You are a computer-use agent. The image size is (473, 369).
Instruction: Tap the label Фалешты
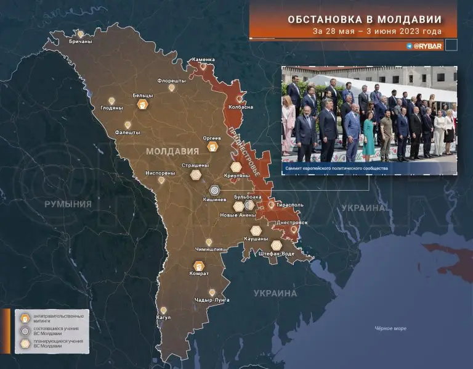[x=127, y=132]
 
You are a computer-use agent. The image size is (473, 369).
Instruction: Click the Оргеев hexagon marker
[x=212, y=147]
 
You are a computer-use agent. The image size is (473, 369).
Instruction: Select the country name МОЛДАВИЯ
[x=172, y=151]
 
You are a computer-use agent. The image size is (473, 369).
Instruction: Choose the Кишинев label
[x=215, y=200]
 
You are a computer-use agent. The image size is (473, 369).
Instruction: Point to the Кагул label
[x=164, y=317]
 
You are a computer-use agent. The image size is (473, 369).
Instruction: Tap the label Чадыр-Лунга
[x=212, y=300]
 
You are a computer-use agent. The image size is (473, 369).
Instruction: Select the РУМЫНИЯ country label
[x=68, y=204]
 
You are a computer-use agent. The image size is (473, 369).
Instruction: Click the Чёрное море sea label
[x=390, y=328]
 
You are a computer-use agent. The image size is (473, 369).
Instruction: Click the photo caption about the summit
[x=336, y=167]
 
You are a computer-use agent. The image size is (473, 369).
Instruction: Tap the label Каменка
[x=203, y=59]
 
